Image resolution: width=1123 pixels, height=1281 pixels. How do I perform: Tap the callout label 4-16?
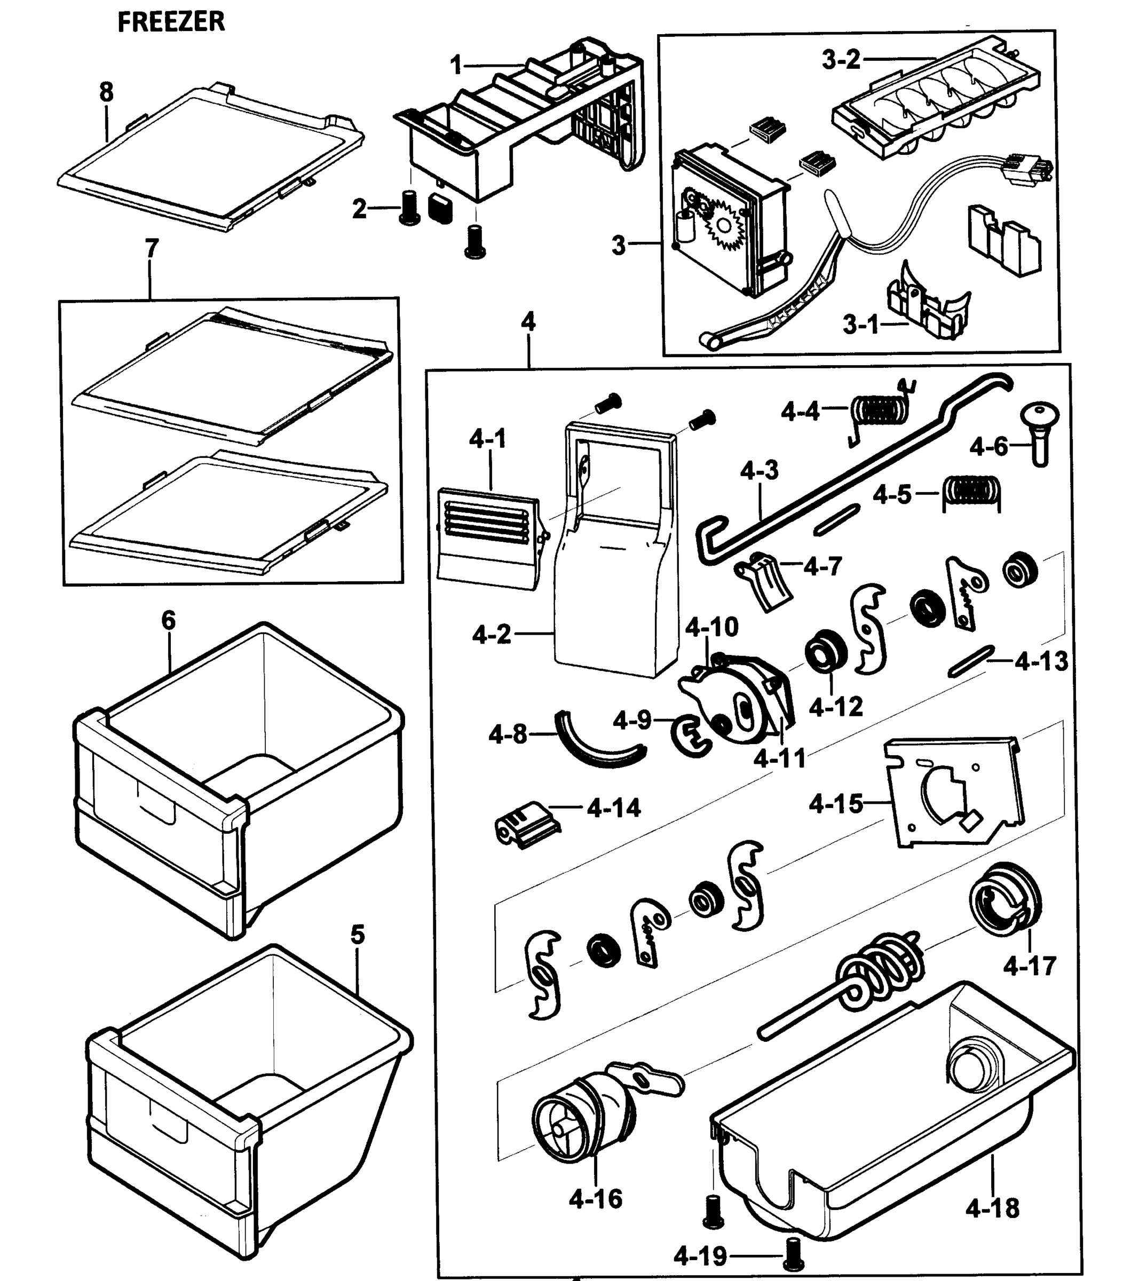pos(595,1198)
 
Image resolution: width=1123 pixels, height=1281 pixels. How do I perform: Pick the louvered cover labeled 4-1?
pos(486,536)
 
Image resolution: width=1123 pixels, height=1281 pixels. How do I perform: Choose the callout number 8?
pos(107,92)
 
